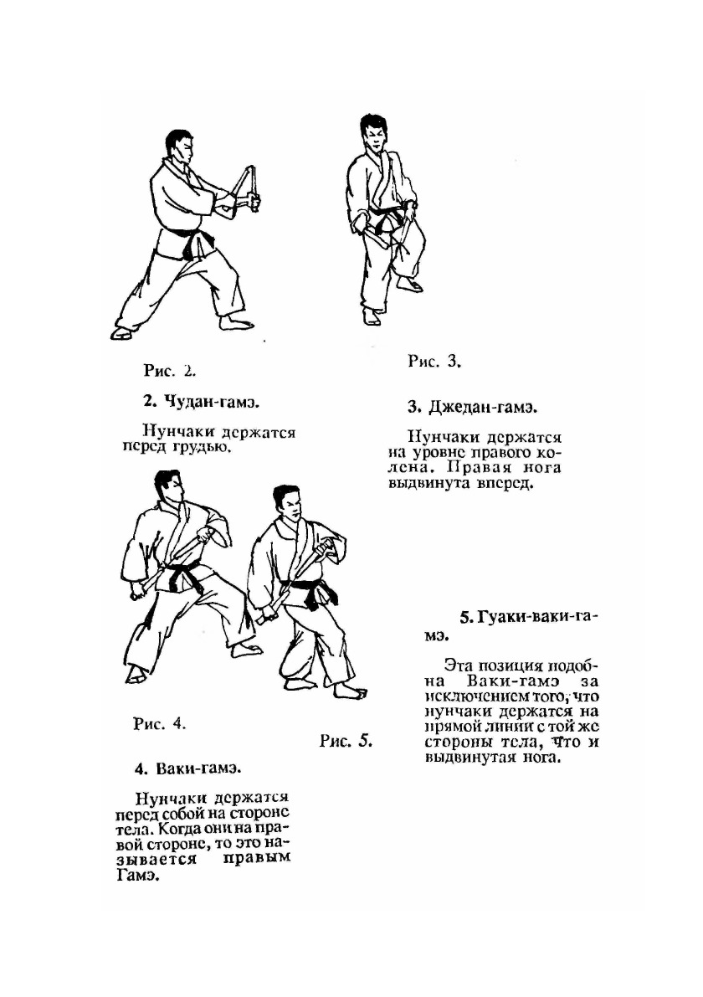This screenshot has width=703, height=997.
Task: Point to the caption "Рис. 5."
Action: click(x=346, y=741)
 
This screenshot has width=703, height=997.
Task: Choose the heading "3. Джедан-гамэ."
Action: click(x=471, y=408)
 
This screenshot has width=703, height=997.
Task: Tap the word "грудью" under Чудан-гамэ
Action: click(x=200, y=447)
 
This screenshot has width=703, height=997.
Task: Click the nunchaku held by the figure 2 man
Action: click(x=249, y=184)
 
